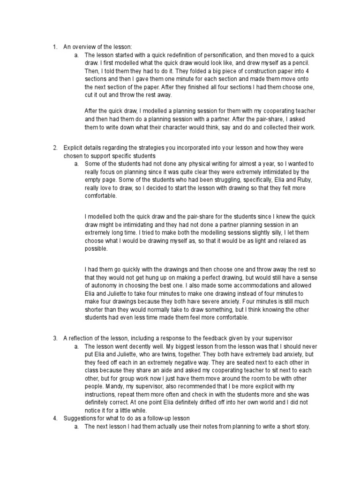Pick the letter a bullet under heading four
(76, 427)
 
